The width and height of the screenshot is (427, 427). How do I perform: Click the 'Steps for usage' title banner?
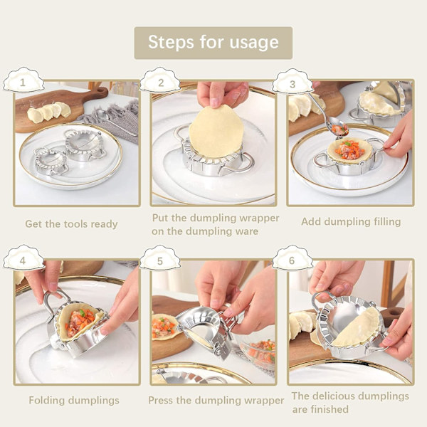tap(213, 43)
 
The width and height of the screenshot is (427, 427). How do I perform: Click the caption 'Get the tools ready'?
tap(71, 224)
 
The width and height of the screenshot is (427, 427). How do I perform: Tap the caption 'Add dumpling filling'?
tap(351, 221)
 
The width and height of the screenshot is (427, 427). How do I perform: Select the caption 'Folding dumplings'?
tap(74, 400)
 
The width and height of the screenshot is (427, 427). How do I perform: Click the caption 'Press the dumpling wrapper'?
tap(216, 400)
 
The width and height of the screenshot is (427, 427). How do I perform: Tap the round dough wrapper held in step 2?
tap(216, 132)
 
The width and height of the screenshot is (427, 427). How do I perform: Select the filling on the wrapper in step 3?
tap(349, 149)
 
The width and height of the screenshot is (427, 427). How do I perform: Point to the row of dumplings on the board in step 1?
tap(49, 111)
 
